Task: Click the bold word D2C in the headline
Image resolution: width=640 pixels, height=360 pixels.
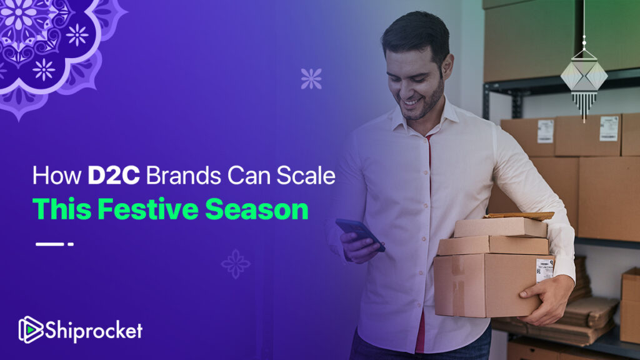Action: point(114,176)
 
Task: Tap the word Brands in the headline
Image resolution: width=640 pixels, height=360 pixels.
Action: point(184,176)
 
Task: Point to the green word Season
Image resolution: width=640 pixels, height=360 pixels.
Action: point(257,210)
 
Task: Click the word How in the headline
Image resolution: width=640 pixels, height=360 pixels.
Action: point(57,176)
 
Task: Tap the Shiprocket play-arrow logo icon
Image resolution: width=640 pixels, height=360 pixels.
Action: point(31,329)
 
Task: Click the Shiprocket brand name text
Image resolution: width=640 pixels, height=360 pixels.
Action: point(94,330)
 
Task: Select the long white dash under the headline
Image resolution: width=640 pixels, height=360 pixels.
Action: point(50,244)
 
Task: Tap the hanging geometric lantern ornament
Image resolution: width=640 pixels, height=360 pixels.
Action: point(584,82)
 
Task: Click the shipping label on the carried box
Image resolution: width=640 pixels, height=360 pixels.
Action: point(545,269)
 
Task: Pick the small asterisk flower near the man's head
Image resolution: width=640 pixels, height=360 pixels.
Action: point(311,79)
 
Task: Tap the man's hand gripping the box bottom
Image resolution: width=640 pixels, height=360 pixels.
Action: point(546,299)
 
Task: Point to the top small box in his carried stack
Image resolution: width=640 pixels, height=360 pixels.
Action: point(501,227)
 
